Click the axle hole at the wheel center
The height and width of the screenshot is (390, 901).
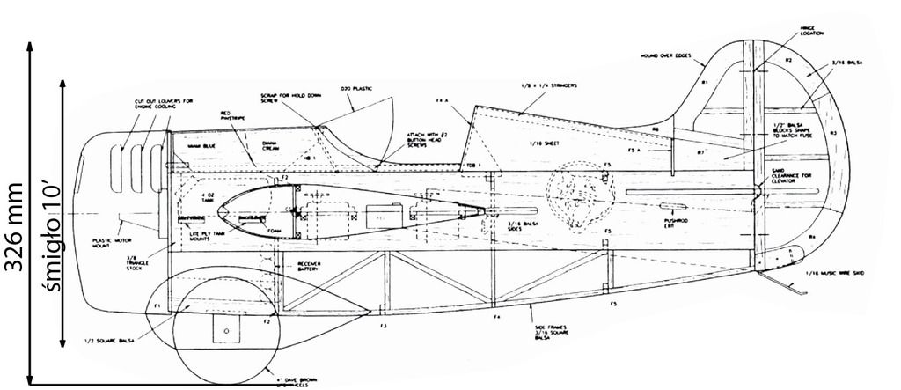tap(226, 330)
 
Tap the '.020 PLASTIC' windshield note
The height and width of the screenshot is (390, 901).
tap(362, 88)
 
